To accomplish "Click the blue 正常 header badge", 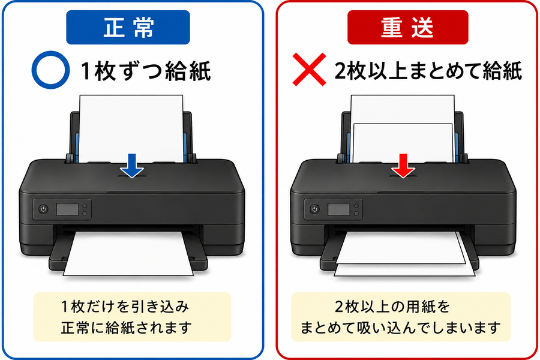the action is pyautogui.click(x=128, y=27).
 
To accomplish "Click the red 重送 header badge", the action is pyautogui.click(x=408, y=27).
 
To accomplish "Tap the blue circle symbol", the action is pyautogui.click(x=50, y=70).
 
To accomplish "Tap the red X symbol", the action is pyautogui.click(x=309, y=69).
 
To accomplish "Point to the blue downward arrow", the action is pyautogui.click(x=132, y=166).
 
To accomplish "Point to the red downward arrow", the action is pyautogui.click(x=403, y=166).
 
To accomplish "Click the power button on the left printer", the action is pyautogui.click(x=43, y=209).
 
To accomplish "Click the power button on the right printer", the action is pyautogui.click(x=314, y=209).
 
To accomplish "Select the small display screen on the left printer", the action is pyautogui.click(x=67, y=209).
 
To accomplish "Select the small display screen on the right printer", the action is pyautogui.click(x=338, y=209).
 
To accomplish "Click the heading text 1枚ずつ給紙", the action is pyautogui.click(x=146, y=71).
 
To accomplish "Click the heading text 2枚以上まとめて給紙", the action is pyautogui.click(x=428, y=71).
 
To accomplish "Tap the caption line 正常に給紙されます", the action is pyautogui.click(x=126, y=328).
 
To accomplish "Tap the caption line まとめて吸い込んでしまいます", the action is pyautogui.click(x=401, y=328).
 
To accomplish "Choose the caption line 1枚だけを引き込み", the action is pyautogui.click(x=125, y=306).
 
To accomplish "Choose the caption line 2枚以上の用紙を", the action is pyautogui.click(x=392, y=306).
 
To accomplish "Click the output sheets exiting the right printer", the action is pyautogui.click(x=404, y=253).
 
